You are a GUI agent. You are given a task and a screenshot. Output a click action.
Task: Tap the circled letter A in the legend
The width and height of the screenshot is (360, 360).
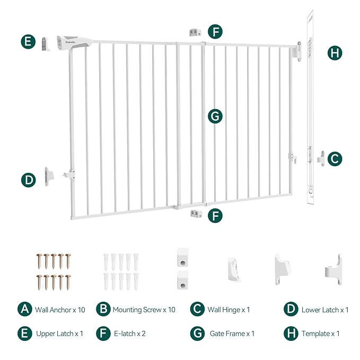click(x=24, y=309)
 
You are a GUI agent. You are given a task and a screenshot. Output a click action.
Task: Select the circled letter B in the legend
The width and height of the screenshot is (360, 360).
click(x=102, y=309)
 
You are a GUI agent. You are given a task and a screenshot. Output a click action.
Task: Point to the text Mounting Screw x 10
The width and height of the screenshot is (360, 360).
click(x=144, y=310)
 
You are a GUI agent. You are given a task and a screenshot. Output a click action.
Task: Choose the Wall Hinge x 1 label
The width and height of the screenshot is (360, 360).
click(x=227, y=310)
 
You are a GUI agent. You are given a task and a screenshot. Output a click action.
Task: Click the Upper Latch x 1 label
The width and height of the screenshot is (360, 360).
click(x=60, y=333)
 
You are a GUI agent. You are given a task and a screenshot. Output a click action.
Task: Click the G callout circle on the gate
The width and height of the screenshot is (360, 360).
click(x=215, y=116)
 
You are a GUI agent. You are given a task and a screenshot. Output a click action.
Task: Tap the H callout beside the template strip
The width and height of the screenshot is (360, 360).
click(x=335, y=53)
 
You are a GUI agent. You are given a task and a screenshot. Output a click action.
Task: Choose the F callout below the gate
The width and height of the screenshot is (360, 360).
click(x=215, y=216)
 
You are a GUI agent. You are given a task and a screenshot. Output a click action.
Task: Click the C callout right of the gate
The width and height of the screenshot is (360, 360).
click(x=335, y=159)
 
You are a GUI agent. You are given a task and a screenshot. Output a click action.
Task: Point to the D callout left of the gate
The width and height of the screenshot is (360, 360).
click(x=29, y=180)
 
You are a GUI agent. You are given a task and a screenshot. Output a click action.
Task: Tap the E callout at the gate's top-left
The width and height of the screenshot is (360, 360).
click(x=29, y=42)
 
